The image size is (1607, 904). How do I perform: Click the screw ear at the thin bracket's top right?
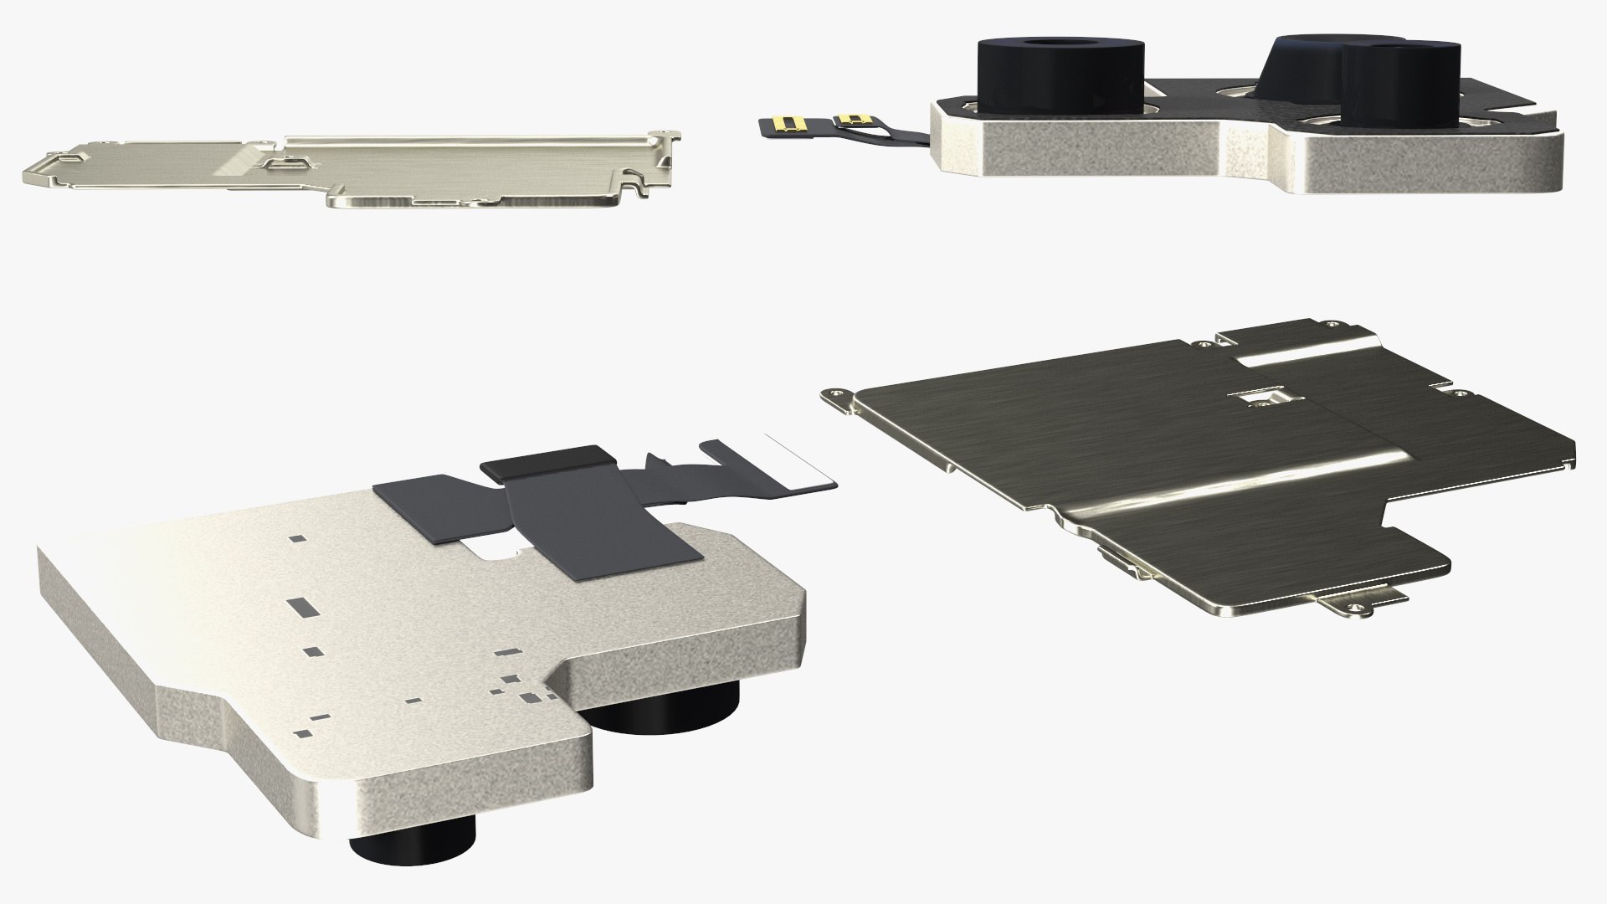click(x=666, y=132)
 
